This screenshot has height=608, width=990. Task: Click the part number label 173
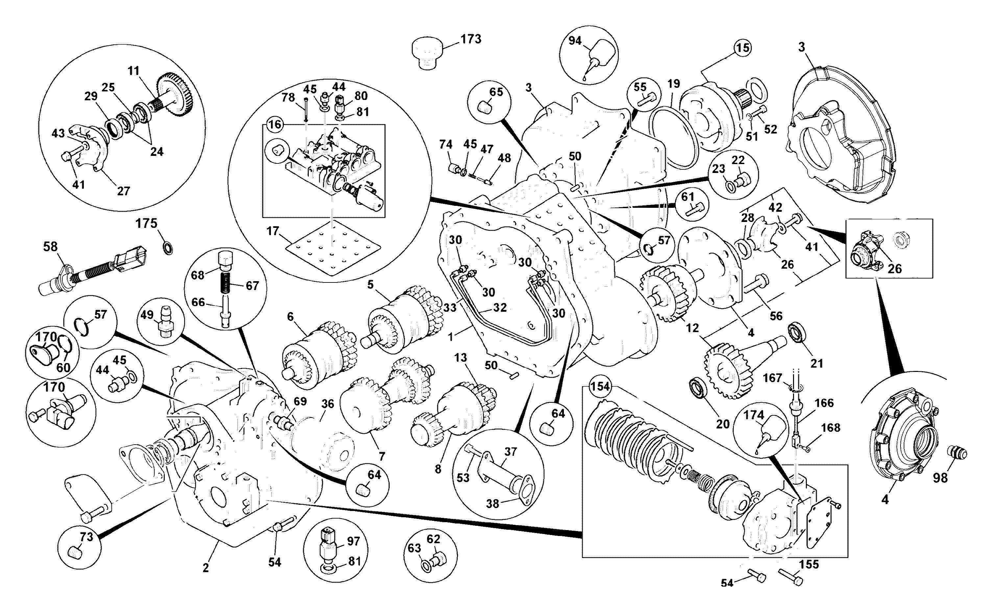click(x=471, y=39)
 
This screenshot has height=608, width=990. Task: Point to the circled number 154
click(x=600, y=386)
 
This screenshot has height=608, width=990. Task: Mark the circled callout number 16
click(x=275, y=124)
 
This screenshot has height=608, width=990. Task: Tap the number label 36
click(x=327, y=404)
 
